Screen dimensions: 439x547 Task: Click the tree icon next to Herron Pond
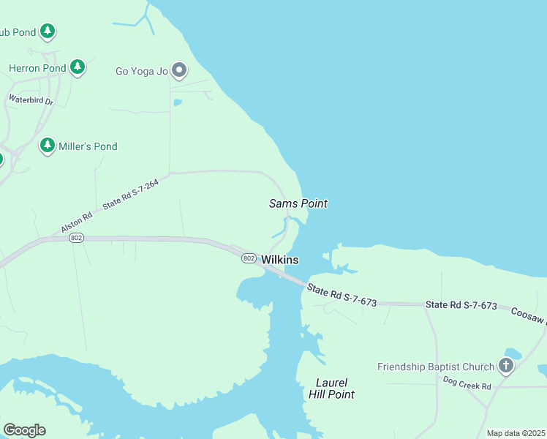tap(78, 68)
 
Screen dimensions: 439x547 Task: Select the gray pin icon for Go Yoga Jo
tap(179, 71)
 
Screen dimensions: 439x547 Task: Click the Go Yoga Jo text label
tap(142, 72)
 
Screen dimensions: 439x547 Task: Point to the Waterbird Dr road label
tap(31, 100)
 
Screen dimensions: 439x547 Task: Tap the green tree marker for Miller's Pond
tap(48, 146)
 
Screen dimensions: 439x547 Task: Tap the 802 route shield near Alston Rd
tap(76, 238)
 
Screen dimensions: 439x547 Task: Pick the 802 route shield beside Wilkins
tap(249, 258)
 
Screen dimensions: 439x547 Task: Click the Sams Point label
tap(298, 203)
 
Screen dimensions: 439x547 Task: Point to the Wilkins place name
tap(280, 260)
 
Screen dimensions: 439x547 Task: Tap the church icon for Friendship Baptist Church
tap(506, 366)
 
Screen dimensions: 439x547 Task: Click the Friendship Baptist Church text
tap(437, 367)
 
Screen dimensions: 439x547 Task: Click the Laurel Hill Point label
tap(335, 389)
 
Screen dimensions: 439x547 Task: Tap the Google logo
tap(24, 430)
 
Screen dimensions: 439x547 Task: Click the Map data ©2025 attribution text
tap(515, 433)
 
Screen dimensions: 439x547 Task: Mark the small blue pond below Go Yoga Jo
tap(178, 103)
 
